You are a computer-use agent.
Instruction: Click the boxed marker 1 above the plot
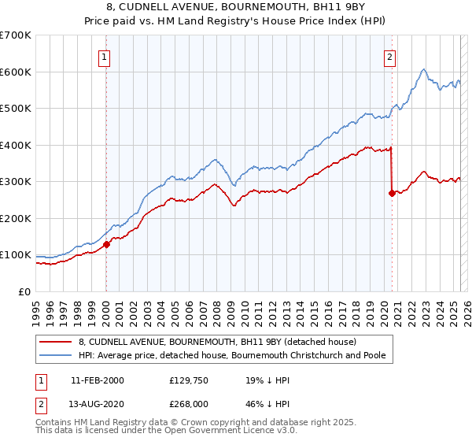click(x=105, y=56)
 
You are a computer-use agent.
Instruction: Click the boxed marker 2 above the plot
click(x=390, y=56)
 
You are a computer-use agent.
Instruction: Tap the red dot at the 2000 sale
click(x=106, y=244)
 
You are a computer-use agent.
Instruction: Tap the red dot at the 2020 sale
click(x=392, y=193)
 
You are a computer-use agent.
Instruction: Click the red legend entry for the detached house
click(x=217, y=342)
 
